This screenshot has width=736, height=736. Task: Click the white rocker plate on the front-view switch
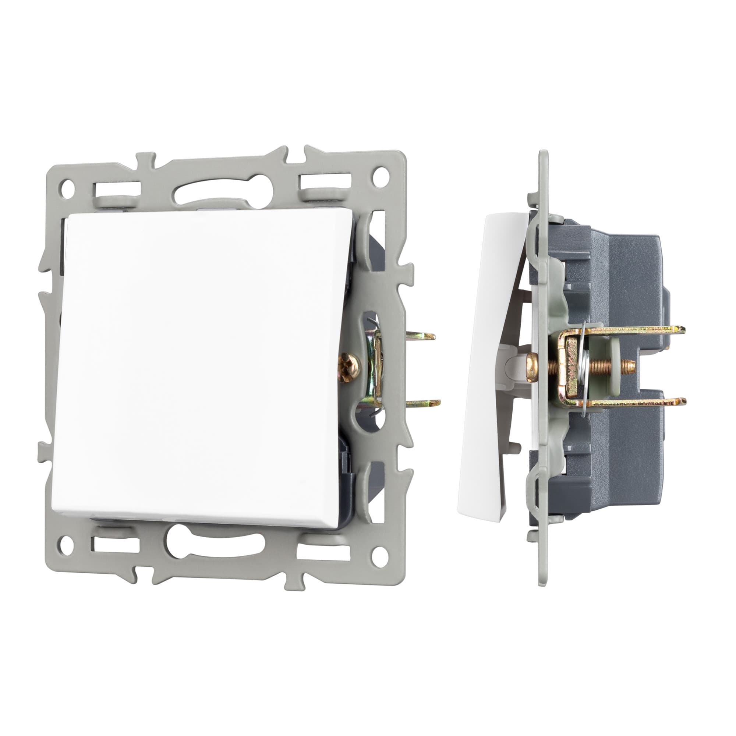[198, 366]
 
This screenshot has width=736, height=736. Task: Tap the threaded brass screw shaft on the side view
[609, 367]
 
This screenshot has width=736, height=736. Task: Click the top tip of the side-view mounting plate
[544, 153]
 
